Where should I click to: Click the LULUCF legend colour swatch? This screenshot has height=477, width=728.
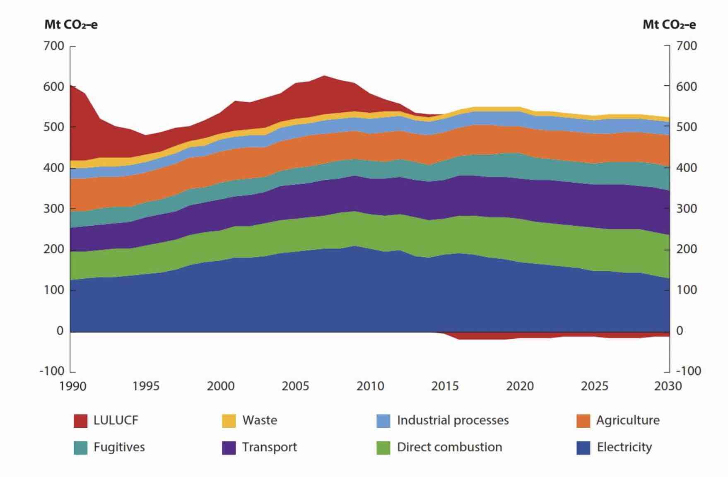[80, 421]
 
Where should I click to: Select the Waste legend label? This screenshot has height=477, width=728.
[260, 420]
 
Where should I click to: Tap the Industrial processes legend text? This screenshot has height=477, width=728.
[453, 420]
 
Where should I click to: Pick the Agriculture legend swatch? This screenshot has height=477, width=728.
[583, 421]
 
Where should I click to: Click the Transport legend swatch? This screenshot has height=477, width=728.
[229, 448]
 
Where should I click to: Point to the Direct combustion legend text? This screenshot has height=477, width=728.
[449, 447]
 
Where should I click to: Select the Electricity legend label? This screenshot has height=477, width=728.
[624, 447]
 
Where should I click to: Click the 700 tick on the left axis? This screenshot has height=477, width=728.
[54, 46]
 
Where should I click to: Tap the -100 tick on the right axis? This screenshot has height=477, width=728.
[688, 371]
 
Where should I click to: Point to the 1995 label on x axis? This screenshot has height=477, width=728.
[146, 386]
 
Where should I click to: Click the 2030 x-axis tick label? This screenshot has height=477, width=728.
[668, 386]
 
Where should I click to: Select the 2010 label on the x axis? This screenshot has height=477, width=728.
[370, 386]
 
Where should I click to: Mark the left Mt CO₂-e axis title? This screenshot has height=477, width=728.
[71, 25]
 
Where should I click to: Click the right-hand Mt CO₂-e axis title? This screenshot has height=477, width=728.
[669, 25]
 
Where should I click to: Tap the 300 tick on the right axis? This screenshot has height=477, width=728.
[687, 209]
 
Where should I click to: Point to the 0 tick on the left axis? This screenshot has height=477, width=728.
[60, 331]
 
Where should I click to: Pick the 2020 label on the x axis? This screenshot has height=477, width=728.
[520, 386]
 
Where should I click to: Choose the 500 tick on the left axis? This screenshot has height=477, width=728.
[54, 127]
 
